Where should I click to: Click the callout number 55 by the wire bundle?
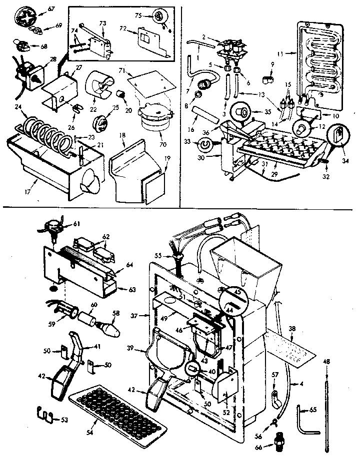pos(159,256)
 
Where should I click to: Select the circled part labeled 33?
pos(203,144)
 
